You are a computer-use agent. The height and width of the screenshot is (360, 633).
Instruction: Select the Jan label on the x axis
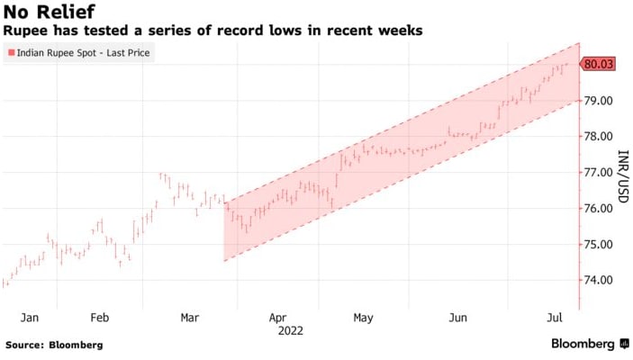[x=30, y=318]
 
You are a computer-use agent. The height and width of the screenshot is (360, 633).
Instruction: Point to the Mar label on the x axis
[x=190, y=318]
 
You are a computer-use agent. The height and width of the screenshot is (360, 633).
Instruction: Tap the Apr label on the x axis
[x=278, y=318]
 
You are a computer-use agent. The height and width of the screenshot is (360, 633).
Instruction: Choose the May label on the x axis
[x=363, y=318]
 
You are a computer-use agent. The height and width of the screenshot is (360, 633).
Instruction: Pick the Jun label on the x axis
[x=458, y=318]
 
